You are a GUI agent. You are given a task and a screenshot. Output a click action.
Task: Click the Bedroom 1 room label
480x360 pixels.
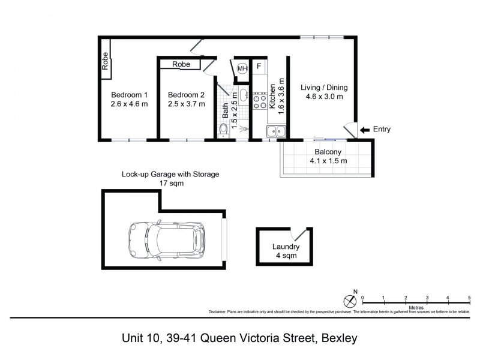point(129,95)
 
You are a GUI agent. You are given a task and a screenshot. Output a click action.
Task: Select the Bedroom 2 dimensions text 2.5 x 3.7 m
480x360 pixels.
point(186,104)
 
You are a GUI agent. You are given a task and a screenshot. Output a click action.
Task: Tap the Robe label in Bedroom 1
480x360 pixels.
point(105,62)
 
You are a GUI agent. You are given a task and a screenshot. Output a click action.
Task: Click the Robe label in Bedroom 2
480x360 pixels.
point(181,64)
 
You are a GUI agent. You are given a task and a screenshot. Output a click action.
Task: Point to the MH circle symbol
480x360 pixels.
point(242,69)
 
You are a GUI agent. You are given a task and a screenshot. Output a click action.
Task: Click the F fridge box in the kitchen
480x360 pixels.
point(259,67)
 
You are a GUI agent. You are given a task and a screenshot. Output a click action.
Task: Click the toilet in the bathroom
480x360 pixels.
point(223,130)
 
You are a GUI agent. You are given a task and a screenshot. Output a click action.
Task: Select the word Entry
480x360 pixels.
point(382,130)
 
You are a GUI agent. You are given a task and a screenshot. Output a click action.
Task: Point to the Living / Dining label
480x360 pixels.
point(324,88)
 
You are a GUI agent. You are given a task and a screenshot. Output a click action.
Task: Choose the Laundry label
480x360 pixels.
point(286,247)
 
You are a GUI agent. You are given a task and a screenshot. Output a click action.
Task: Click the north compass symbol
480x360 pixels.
point(350,300)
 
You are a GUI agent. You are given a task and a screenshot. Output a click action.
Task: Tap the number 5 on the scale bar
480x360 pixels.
point(469,298)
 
